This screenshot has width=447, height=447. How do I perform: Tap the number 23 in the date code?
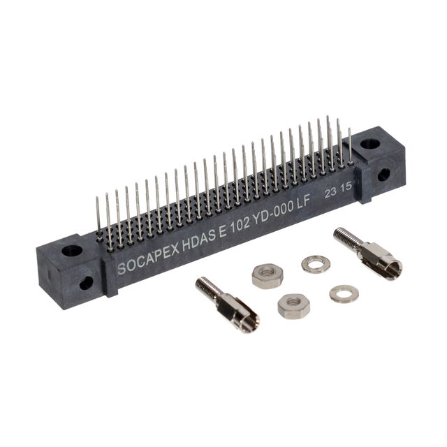330,193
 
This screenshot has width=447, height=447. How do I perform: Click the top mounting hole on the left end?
72,250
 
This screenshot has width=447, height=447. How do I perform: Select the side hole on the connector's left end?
86,283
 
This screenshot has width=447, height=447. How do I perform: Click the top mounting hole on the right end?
370,143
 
